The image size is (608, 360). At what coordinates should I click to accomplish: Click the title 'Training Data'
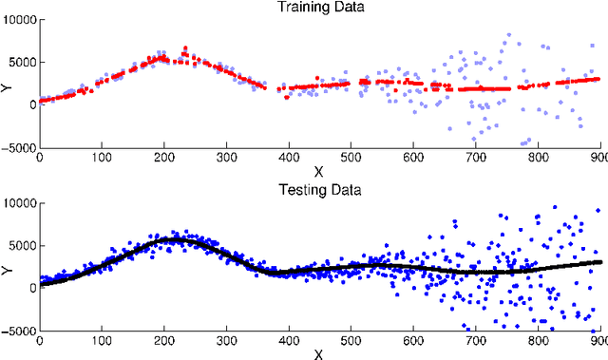[x=318, y=8]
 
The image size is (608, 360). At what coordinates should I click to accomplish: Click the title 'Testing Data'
[x=318, y=190]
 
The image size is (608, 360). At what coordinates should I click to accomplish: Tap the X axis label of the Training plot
[x=318, y=173]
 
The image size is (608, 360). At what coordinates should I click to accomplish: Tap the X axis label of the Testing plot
[x=318, y=353]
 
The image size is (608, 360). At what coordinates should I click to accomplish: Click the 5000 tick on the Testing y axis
[x=22, y=245]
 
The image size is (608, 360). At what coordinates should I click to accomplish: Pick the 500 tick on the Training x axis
[x=351, y=158]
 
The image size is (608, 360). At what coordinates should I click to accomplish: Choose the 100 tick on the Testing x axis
[x=101, y=340]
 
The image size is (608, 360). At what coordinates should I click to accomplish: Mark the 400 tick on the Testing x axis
[x=288, y=340]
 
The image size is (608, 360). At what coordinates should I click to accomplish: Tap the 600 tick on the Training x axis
[x=412, y=158]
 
